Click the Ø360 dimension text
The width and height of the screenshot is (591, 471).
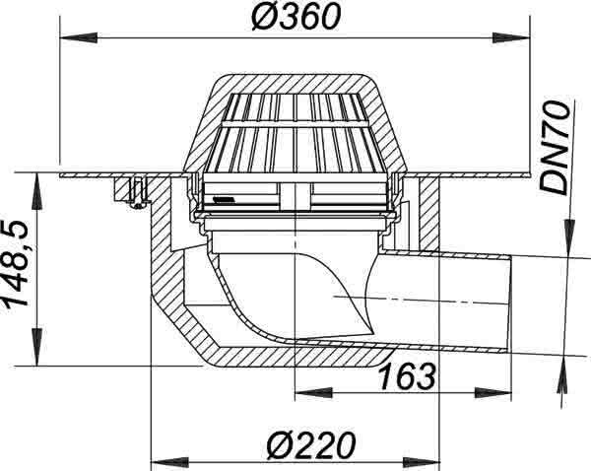[x=296, y=18]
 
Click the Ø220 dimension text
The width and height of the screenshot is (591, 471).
[x=311, y=445]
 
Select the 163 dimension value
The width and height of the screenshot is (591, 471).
[x=407, y=376]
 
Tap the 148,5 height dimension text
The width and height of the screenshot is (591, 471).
[x=15, y=264]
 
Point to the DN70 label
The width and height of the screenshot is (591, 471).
[x=554, y=148]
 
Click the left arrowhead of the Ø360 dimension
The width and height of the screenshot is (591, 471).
[x=79, y=37]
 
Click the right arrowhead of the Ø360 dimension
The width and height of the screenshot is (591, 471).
[x=511, y=37]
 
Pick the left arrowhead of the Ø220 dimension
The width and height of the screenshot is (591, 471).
[x=169, y=461]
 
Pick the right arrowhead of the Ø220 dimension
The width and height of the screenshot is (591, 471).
[x=421, y=461]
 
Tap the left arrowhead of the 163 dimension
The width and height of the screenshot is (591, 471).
[x=313, y=392]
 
